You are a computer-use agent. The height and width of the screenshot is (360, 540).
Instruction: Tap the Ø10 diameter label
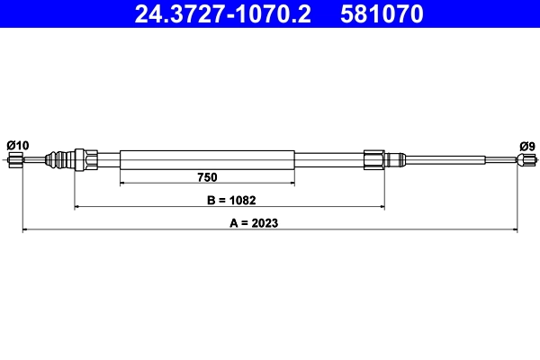coord(17,145)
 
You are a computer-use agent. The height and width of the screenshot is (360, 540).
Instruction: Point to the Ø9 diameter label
coord(527,145)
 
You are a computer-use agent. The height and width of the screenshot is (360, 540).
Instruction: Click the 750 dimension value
coord(207,176)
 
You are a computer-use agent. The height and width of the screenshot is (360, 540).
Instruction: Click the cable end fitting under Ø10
coord(15,160)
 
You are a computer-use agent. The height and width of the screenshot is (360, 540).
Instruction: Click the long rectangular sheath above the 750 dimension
coord(207,159)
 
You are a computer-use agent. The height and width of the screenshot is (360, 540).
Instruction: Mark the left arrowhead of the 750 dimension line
coord(122,184)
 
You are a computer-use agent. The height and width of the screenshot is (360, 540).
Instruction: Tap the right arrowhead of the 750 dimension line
coord(292,184)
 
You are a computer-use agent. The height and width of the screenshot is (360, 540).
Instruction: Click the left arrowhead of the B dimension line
coord(76,207)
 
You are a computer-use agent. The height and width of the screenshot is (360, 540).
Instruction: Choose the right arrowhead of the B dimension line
coord(382,207)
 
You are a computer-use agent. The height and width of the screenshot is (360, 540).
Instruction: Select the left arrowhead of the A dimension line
coord(25,230)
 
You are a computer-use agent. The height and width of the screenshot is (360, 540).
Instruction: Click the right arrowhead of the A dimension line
coord(516,230)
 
